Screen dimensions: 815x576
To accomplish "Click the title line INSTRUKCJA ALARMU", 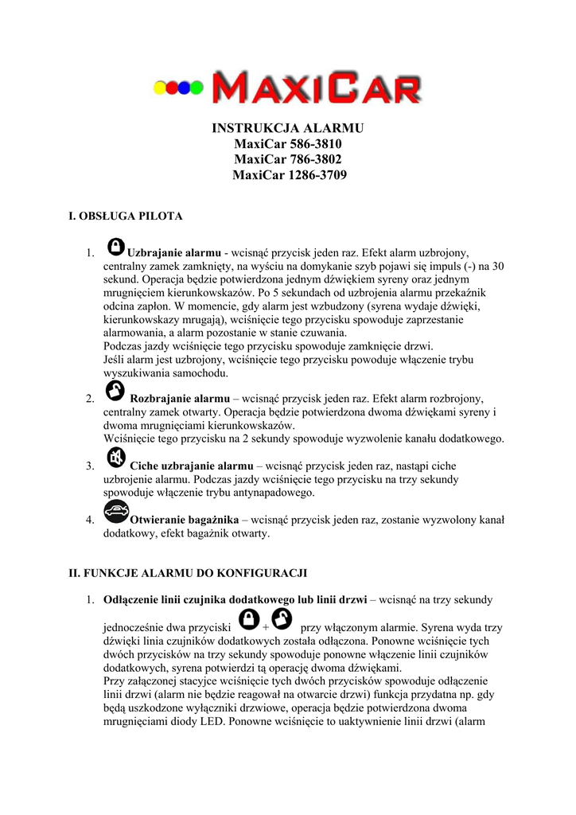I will click(x=288, y=128).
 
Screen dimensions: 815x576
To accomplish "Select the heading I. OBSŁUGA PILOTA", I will click(x=126, y=216).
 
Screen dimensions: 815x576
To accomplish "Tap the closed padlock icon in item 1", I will click(x=115, y=246).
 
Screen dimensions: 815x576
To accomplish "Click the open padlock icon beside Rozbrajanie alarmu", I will click(x=115, y=390).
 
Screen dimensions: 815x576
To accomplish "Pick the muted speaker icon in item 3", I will click(x=115, y=457).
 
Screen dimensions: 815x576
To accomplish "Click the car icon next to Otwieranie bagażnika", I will click(x=116, y=512).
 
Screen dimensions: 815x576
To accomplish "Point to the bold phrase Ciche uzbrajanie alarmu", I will click(x=191, y=466).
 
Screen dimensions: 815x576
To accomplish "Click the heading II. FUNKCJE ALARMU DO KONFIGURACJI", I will click(x=188, y=573).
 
